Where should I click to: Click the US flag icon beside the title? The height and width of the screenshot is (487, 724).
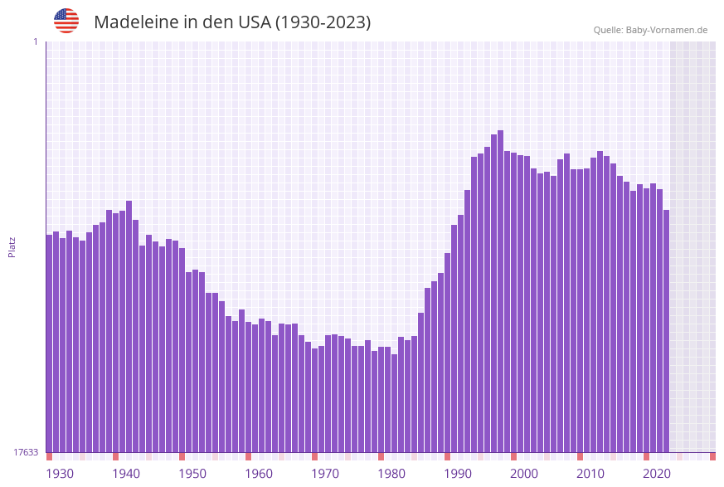[x=66, y=21]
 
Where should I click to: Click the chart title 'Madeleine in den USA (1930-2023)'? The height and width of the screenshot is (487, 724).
[x=232, y=22]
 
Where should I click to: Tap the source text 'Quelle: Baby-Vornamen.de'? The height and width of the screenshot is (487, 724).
[x=650, y=30]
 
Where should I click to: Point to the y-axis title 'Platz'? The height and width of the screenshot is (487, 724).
[x=12, y=246]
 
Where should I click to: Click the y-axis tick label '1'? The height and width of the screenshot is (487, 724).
[x=35, y=41]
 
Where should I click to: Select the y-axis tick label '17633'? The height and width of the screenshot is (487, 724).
[x=26, y=452]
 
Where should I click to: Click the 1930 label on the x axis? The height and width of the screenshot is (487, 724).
[x=60, y=474]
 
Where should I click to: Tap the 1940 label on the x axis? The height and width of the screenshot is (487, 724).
[x=126, y=474]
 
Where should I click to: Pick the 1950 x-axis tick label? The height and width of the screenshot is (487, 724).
[x=192, y=474]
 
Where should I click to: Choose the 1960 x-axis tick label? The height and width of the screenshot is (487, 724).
[x=259, y=474]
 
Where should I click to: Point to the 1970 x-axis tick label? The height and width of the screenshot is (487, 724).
[x=325, y=474]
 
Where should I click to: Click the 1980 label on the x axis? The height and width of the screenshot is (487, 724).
[x=391, y=474]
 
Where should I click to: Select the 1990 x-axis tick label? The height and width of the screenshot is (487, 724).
[x=458, y=474]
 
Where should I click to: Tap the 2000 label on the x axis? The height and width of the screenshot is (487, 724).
[x=524, y=474]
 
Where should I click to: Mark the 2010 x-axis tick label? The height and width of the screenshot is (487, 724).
[x=590, y=474]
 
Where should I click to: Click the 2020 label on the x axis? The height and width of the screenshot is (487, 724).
[x=657, y=474]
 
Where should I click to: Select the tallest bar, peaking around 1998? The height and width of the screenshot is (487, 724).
[x=500, y=290]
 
